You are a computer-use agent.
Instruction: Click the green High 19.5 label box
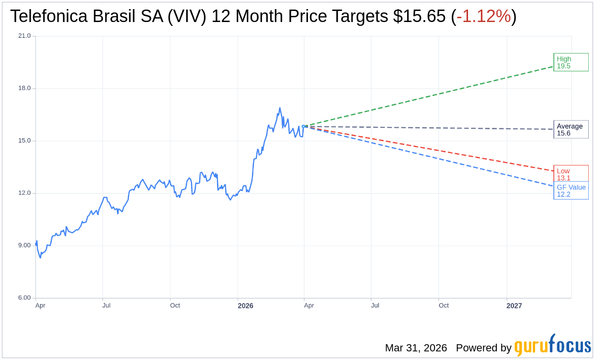coord(571,62)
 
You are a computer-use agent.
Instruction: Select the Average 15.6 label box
coord(571,129)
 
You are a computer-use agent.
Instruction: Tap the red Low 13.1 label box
coord(571,174)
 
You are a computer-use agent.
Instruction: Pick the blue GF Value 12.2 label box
coord(571,191)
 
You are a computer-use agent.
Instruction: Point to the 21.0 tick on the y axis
coord(24,36)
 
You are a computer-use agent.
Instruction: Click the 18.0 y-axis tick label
coord(24,88)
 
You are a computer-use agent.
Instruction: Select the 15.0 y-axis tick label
coord(24,141)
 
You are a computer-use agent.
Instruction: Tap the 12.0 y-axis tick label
coord(24,193)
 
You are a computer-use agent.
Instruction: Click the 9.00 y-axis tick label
coord(24,246)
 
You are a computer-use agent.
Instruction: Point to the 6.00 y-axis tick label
coord(24,298)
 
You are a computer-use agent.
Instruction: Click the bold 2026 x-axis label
coord(245,306)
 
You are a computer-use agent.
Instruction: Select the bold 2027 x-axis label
coord(514,306)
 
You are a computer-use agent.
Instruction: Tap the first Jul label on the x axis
coord(106,305)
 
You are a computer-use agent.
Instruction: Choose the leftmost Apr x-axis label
coord(40,305)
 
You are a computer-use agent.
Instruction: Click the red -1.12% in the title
coord(483,17)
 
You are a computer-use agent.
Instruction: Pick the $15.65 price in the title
coord(419,17)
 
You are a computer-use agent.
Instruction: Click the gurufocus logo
coord(552,345)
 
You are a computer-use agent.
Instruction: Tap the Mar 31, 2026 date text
coord(416,348)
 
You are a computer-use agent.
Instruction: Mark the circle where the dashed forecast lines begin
coord(304,126)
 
